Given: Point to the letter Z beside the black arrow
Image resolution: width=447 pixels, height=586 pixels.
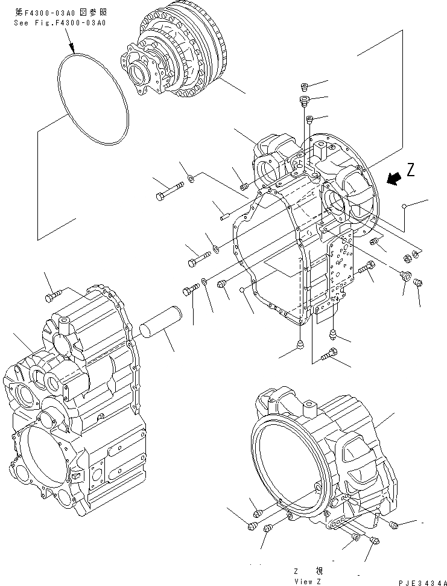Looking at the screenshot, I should (x=411, y=170).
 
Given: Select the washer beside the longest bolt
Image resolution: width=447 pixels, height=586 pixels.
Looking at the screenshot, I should (x=191, y=178).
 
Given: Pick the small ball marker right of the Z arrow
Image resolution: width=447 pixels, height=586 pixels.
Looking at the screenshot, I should (x=404, y=208).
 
